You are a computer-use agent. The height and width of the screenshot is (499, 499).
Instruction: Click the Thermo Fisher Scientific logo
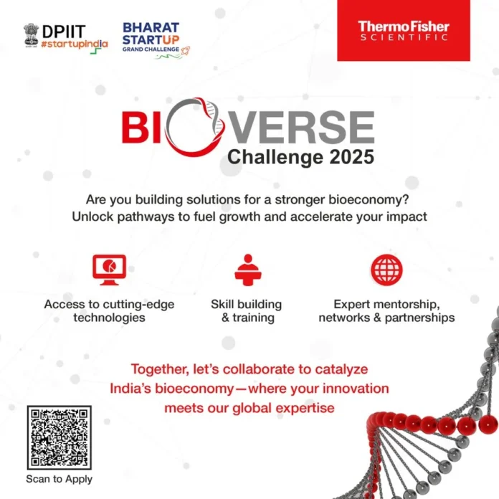coord(404,31)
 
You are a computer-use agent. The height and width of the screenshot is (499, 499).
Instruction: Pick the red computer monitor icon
coord(109,270)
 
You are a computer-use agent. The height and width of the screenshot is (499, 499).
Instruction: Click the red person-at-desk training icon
coord(246,270)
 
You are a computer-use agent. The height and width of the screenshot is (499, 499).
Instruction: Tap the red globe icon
coord(386,270)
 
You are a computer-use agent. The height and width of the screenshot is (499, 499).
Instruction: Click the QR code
coord(59,438)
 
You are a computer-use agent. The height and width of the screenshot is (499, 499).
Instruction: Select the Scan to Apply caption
coord(59,479)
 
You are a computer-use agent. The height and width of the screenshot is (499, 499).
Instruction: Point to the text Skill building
coord(246,304)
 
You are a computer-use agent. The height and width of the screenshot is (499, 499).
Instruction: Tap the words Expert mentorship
coord(386,304)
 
